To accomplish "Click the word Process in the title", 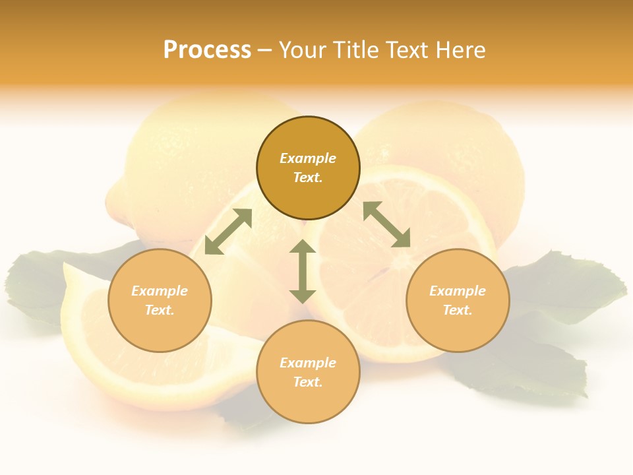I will point(207,50).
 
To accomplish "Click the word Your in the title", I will point(302,50).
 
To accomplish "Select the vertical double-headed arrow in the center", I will point(303,271).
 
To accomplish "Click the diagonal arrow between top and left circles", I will point(228,232).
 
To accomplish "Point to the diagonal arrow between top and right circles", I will point(386,224).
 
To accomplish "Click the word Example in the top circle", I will point(308,158).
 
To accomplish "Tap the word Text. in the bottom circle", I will point(308,382).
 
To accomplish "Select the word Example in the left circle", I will point(160,291).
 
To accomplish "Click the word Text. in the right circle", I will point(458,310).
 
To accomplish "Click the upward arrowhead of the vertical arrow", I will point(303,247).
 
